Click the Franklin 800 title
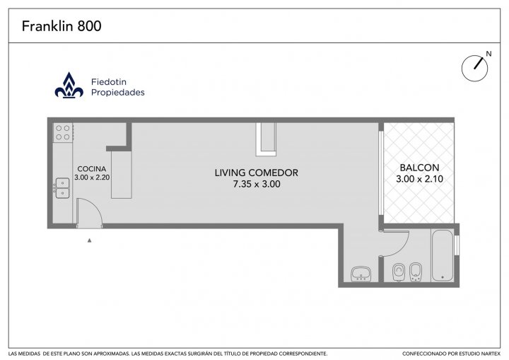coord(62,26)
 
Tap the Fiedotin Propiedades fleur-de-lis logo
coord(69,85)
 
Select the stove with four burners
coord(63,132)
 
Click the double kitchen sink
coord(62,188)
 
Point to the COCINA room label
coord(91,169)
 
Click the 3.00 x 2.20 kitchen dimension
coord(92,178)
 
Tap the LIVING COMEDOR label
coord(257,173)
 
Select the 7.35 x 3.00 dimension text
coord(257,184)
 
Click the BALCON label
coord(419,168)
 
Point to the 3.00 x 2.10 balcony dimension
coord(419,179)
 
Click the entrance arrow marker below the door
coord(89,240)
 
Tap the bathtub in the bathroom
coord(442,255)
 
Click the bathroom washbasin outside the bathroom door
coord(361,274)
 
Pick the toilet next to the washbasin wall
coord(398,272)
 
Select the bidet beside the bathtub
coord(416,272)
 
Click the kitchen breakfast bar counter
coord(122,175)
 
